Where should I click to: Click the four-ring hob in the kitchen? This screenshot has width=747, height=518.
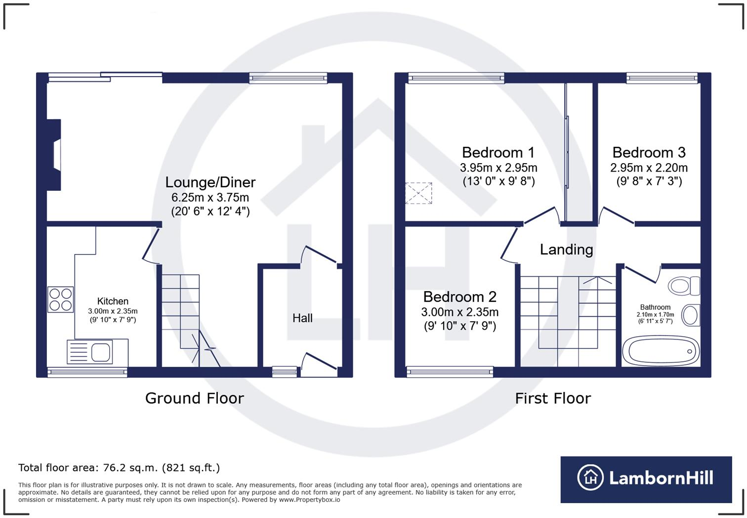pyautogui.click(x=60, y=299)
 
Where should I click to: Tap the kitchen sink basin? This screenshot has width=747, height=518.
pyautogui.click(x=100, y=352)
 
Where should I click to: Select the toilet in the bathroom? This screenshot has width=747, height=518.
pyautogui.click(x=684, y=286)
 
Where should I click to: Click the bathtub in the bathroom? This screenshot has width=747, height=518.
pyautogui.click(x=661, y=351)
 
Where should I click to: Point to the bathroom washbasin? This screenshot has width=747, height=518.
pyautogui.click(x=690, y=315)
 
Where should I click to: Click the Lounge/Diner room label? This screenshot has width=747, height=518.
pyautogui.click(x=210, y=182)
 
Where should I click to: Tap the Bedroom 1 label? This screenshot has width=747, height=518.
pyautogui.click(x=498, y=152)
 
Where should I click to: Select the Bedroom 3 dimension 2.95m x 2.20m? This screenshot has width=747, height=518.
pyautogui.click(x=649, y=168)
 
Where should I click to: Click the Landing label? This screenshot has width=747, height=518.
pyautogui.click(x=567, y=250)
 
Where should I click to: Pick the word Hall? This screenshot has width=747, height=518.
pyautogui.click(x=302, y=318)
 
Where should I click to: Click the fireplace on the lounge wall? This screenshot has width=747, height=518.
pyautogui.click(x=54, y=155)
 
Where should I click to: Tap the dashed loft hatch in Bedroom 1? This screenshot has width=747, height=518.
pyautogui.click(x=418, y=193)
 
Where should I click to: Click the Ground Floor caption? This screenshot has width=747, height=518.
pyautogui.click(x=195, y=398)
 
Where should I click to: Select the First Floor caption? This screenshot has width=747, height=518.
pyautogui.click(x=553, y=398)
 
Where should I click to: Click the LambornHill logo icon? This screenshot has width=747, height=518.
pyautogui.click(x=590, y=477)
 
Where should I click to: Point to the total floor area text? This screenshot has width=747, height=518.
pyautogui.click(x=119, y=468)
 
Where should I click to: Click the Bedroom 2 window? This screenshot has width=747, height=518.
pyautogui.click(x=450, y=372)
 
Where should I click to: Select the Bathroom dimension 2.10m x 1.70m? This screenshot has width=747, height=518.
pyautogui.click(x=655, y=314)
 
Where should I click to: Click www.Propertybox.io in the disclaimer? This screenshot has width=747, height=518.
pyautogui.click(x=309, y=500)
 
